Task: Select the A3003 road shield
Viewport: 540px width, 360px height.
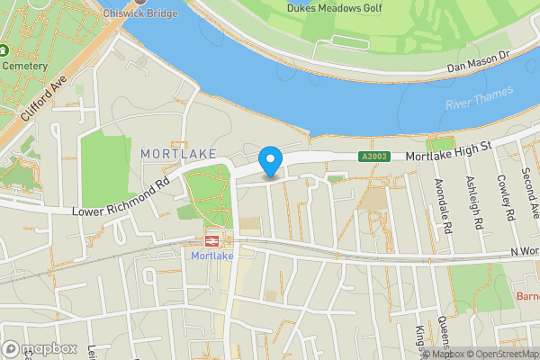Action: point(373,157)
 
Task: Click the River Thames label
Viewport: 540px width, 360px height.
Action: point(479,99)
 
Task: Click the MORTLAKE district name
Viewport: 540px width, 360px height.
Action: point(180,154)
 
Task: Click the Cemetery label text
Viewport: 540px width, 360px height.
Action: point(24,66)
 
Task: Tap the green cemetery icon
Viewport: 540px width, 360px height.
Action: point(4,50)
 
